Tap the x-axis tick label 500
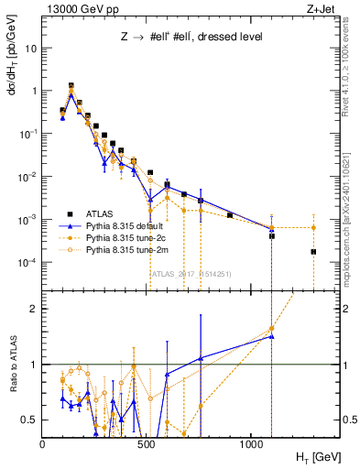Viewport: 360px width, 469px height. click(147, 444)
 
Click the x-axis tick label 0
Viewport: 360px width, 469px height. click(43, 444)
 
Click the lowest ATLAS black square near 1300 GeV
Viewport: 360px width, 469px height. click(313, 252)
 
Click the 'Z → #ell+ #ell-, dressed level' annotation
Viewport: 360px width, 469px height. click(174, 37)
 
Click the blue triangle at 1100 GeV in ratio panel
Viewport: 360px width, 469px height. click(271, 336)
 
